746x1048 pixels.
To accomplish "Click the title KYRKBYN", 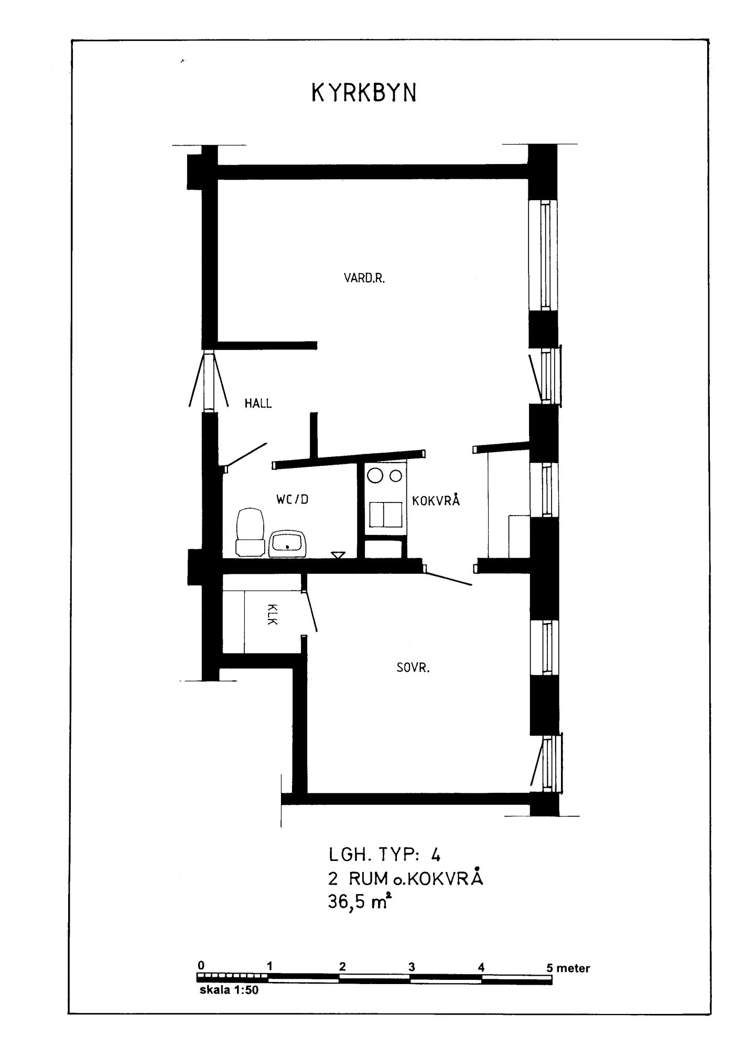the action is pos(364,93).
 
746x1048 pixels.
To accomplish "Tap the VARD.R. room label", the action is pos(364,278).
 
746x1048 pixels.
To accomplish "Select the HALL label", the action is pos(258,403).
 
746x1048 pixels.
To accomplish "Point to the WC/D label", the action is pos(293,499).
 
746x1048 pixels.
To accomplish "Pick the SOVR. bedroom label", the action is pos(413,668).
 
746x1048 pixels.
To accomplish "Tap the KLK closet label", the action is pos(272,614).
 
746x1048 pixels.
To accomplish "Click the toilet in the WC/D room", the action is pos(250,532).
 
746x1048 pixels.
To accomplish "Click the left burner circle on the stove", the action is pos(375,476).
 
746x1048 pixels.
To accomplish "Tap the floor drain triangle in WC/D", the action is pos(338,554).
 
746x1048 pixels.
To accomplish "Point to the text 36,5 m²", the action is pos(360,902).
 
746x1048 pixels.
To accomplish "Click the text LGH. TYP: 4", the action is pos(385,855).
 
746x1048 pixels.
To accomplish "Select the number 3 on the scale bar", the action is pos(412,967).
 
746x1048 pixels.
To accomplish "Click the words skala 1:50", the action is pos(229,991).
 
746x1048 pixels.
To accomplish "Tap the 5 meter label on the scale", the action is pos(568,968).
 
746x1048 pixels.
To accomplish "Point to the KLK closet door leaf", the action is pos(310,611).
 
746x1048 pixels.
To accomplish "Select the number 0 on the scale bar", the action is pos(201,965).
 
